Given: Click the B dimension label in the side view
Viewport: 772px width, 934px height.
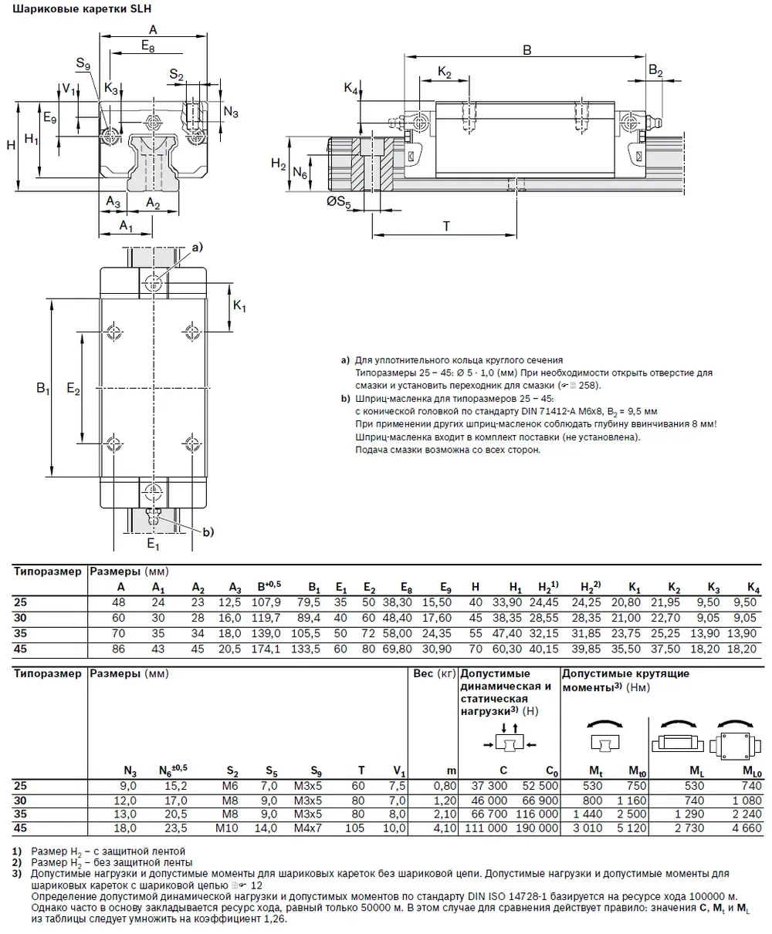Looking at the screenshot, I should pyautogui.click(x=527, y=49).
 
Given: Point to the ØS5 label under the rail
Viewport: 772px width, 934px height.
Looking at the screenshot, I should pyautogui.click(x=338, y=204).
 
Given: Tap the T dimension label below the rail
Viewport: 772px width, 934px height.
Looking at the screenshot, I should pyautogui.click(x=446, y=226).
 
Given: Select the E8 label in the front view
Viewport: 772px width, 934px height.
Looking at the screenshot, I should pyautogui.click(x=147, y=46).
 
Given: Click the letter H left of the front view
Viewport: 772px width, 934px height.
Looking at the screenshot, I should pyautogui.click(x=10, y=144).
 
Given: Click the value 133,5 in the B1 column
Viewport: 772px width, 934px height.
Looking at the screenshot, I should pyautogui.click(x=308, y=648).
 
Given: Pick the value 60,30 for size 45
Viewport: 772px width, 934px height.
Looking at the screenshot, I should pyautogui.click(x=506, y=648).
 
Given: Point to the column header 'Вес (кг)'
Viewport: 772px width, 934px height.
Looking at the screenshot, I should pyautogui.click(x=434, y=673).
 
